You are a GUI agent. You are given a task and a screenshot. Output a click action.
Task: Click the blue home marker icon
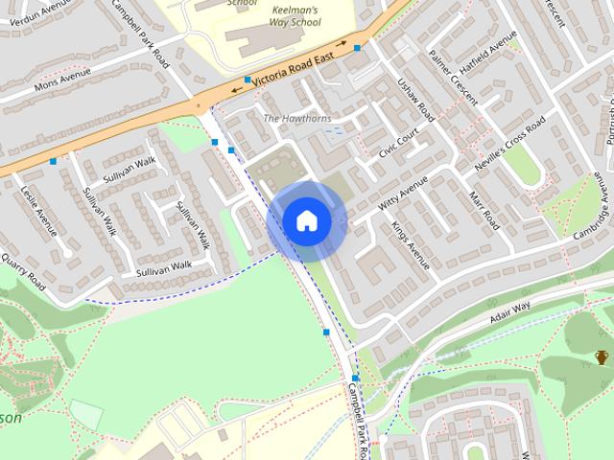click(307, 220)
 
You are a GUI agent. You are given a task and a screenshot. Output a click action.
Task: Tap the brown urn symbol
click(602, 357)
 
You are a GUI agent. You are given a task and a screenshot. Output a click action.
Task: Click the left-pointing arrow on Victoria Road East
click(236, 91)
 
